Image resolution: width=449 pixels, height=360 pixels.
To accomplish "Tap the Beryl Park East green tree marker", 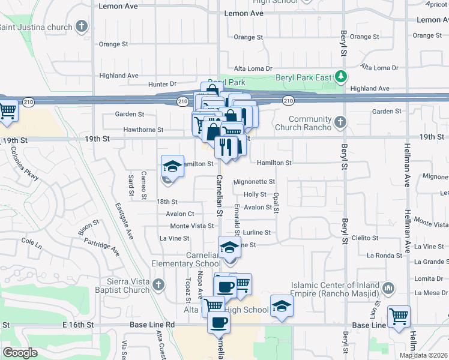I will pos(341,76).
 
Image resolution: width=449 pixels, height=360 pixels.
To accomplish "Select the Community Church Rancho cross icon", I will pos(340,122).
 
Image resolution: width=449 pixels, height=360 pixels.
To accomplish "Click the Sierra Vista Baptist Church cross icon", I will pos(158,284).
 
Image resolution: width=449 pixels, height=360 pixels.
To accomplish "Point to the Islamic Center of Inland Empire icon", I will pos(388,289).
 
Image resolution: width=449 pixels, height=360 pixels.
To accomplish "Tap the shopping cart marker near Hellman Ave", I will pos(399,316).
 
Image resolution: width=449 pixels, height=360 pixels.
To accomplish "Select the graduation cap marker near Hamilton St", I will pos(172,166).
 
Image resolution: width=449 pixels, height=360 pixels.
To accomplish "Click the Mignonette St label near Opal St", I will pos(254,181).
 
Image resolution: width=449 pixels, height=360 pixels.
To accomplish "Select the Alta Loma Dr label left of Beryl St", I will pos(253,69).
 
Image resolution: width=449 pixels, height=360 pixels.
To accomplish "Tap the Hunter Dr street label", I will pos(162,84).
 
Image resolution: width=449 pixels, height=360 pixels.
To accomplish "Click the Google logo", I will pos(20,353).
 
